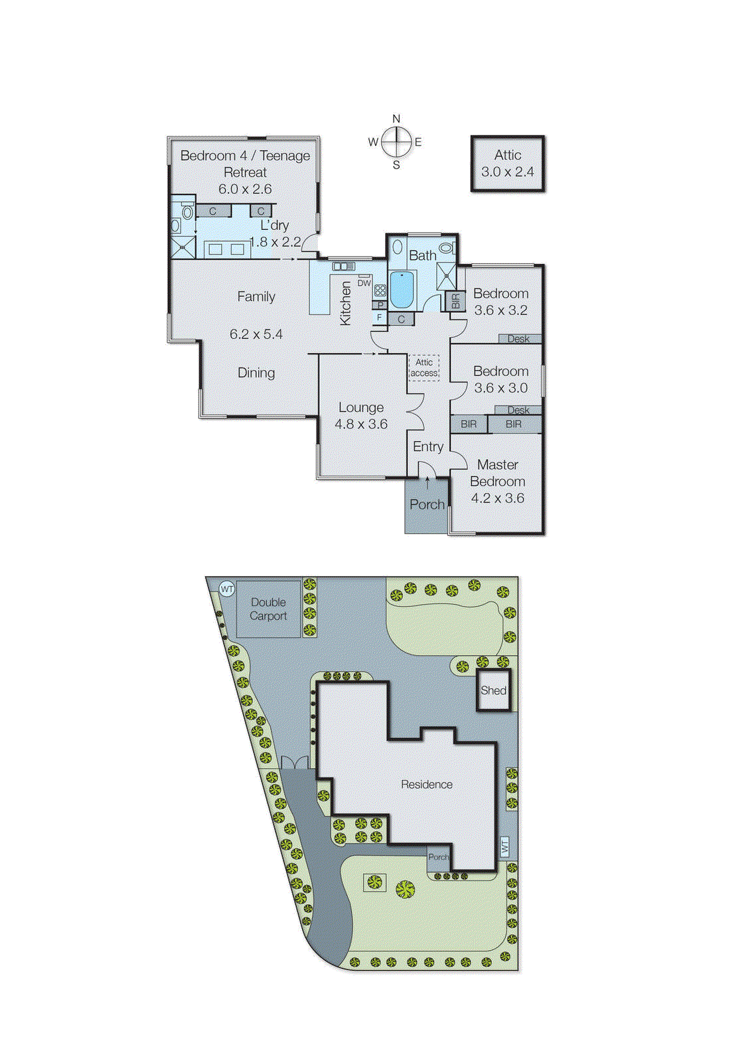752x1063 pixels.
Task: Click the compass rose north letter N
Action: coord(396,119)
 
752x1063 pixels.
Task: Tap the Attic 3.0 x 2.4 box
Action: coord(508,164)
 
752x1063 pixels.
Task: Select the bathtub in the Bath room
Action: coord(402,290)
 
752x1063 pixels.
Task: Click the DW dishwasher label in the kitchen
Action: coord(364,283)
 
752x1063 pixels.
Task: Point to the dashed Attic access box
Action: coord(424,367)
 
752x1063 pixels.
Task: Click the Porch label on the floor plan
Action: coord(427,504)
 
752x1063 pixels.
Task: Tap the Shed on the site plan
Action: coord(493,690)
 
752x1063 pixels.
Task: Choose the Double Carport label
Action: coord(268,609)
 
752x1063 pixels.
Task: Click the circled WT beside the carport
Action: coord(227,589)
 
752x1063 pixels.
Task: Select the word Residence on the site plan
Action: coord(427,785)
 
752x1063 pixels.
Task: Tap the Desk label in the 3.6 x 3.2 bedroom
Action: coord(518,339)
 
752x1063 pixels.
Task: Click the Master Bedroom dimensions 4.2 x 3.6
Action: coord(497,498)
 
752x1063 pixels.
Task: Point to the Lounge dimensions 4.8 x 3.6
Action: coord(361,424)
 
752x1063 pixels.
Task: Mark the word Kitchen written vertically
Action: coord(346,303)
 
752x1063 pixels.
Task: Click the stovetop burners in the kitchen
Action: coord(380,290)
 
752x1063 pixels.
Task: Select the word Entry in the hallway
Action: coord(428,446)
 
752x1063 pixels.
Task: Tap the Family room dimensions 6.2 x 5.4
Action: coord(256,334)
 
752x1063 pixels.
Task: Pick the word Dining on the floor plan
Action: coord(256,373)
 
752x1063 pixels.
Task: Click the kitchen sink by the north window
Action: coord(344,266)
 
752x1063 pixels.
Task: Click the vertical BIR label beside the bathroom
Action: coord(456,301)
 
